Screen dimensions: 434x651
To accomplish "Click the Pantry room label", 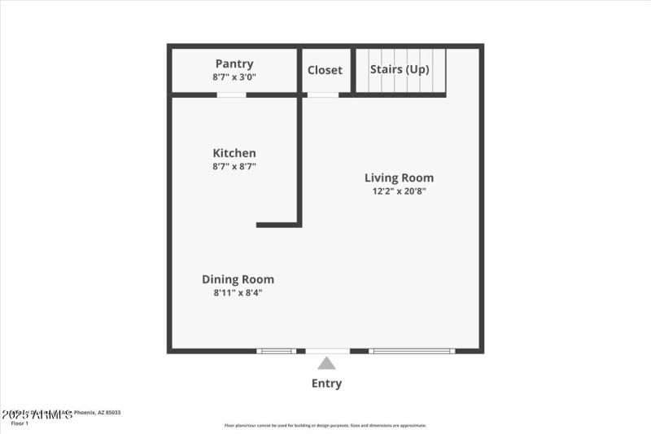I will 234,64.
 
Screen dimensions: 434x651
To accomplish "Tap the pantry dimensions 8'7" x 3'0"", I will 234,77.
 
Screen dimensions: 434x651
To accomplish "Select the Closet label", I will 325,70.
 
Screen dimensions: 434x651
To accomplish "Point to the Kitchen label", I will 234,153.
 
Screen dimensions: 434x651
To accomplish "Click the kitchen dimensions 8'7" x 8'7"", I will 234,167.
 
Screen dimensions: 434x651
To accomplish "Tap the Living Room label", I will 399,178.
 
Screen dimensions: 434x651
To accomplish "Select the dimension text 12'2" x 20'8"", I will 399,191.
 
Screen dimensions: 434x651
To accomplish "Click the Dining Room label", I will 238,279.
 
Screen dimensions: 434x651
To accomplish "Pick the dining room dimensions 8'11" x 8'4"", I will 238,293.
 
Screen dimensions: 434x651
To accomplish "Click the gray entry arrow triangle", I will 326,363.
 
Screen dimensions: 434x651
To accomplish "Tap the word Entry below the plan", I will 326,384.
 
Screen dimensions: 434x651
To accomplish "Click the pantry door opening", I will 231,95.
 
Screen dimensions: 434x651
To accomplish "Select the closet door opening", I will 323,95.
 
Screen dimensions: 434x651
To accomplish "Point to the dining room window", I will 277,351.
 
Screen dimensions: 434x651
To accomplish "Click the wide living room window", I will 412,351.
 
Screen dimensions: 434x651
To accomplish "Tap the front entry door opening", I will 327,351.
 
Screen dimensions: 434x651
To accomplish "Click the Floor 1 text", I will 20,423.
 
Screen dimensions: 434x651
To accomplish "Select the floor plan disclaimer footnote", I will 325,425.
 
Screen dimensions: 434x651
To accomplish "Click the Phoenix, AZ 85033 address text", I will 98,413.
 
